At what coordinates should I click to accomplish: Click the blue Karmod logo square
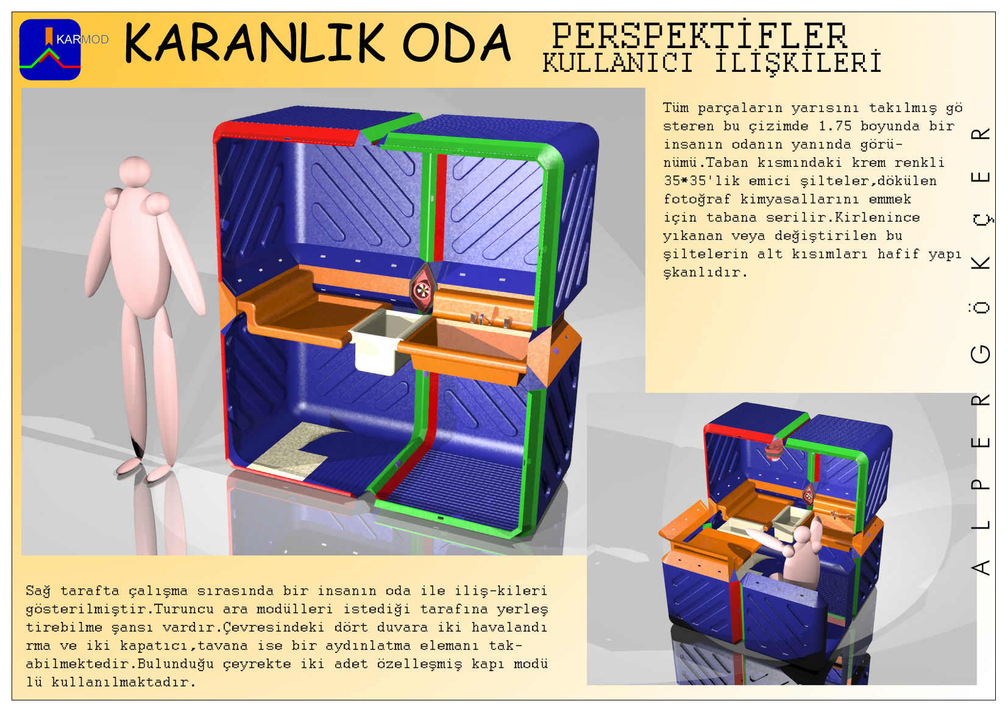pos(50,49)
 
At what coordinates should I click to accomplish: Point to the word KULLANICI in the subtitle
pos(617,63)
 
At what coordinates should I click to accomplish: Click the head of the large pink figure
pos(135,171)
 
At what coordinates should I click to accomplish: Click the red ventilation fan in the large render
pos(422,290)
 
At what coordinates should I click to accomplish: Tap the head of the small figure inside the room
pos(802,536)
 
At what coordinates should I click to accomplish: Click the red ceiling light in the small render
pos(774,449)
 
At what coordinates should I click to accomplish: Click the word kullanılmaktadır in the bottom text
pos(123,682)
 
